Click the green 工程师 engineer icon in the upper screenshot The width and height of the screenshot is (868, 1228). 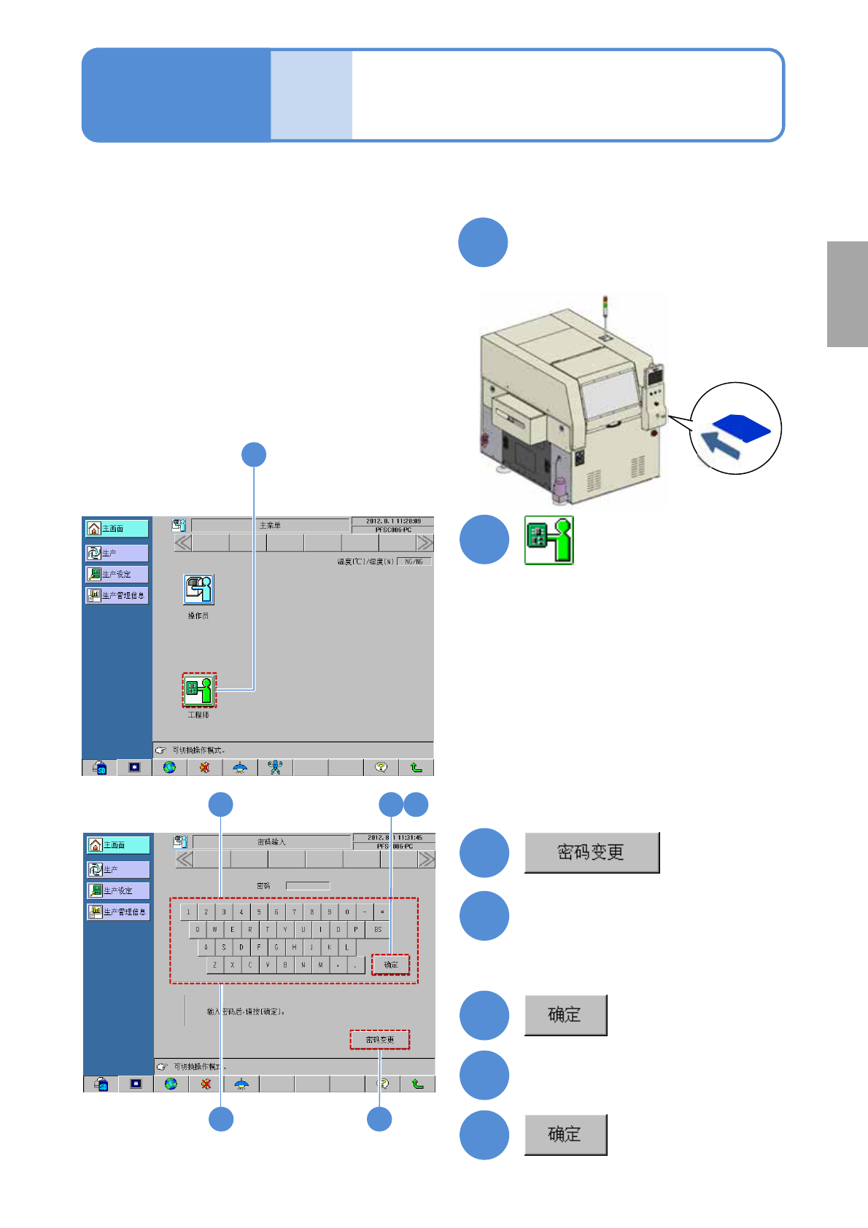point(199,689)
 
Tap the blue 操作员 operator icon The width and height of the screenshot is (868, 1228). point(198,589)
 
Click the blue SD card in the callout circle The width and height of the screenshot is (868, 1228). point(741,427)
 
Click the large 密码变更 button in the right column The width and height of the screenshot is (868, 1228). point(592,852)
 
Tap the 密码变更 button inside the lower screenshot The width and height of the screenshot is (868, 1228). point(379,1039)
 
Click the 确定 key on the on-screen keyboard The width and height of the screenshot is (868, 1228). point(391,965)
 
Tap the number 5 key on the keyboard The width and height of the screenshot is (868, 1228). point(259,912)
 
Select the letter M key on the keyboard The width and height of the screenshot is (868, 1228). point(320,965)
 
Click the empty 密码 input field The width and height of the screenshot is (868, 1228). point(308,886)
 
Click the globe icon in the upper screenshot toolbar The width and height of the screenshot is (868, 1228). point(169,767)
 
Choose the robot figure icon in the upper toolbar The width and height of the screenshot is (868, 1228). point(275,767)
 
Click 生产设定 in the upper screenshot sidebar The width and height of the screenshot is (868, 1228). point(117,574)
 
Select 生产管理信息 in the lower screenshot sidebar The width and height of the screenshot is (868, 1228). point(118,912)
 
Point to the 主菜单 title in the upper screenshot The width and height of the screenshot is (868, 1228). point(270,525)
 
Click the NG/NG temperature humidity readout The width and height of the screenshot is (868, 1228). point(414,561)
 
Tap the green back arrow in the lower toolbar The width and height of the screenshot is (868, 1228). point(417,1084)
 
